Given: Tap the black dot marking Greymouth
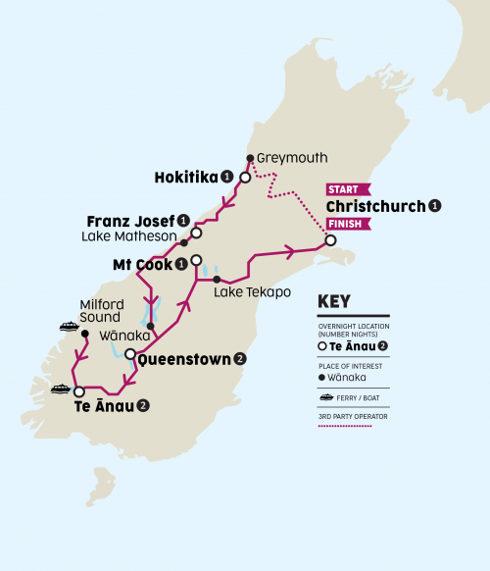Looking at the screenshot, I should coord(251,158).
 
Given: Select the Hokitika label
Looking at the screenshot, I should coord(186,178).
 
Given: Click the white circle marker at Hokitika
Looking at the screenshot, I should coord(245,179).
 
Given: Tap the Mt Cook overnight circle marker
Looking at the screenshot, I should coord(196,261).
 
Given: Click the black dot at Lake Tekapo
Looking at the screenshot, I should coord(216,281).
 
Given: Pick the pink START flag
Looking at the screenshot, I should coord(347,188).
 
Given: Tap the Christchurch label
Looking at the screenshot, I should coord(376,206).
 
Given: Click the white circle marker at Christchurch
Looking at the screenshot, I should coord(330,240).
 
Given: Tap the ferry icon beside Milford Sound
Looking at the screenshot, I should coord(69,327).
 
